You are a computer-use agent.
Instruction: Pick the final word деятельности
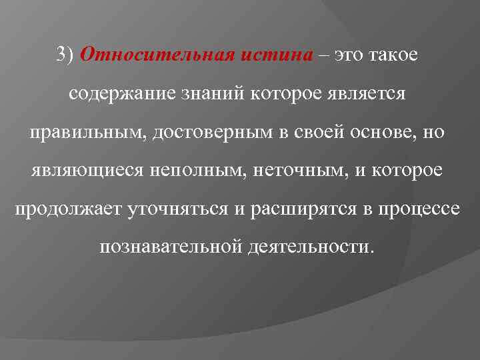(x=313, y=247)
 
